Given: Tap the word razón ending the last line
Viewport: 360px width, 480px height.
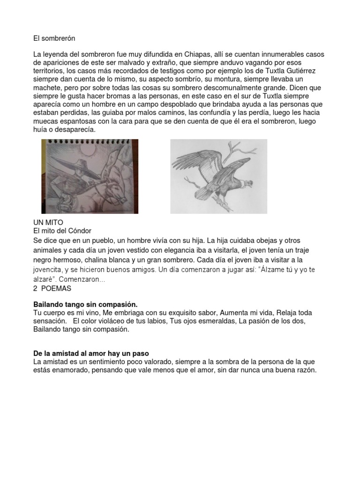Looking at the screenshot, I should coord(306,370).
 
